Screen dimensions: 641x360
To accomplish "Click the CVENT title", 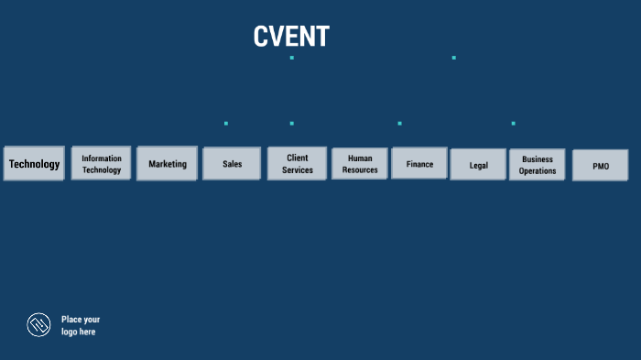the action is pos(291,37).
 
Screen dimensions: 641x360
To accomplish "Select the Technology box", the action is pos(34,164).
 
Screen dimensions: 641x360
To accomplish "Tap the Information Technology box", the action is pos(102,164).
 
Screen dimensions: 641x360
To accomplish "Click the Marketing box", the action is pos(168,164).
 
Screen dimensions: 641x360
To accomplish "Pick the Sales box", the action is pos(232,164).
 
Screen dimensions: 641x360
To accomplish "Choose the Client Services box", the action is pos(297,164).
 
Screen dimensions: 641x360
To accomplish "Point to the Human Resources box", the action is pos(360,164).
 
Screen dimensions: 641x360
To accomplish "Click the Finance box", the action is pos(419,164).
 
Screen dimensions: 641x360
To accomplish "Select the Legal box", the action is pos(478,165).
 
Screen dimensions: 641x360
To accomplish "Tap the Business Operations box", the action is pos(538,165).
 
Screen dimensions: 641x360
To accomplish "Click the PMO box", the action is pos(601,166).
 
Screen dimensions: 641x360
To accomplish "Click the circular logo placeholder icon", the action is pos(38,324).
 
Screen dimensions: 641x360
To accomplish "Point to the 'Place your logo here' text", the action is pos(81,325).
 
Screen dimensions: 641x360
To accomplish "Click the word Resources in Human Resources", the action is pos(360,170).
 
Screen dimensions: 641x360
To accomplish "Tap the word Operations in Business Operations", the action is pos(538,171).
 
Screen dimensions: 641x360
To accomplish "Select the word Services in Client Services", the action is pos(297,170).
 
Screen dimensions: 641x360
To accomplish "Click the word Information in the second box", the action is pos(102,158).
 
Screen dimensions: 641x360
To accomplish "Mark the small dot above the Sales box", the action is pos(226,123).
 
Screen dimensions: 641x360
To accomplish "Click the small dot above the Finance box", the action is pos(399,123).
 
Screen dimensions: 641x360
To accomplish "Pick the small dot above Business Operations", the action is pos(513,123).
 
